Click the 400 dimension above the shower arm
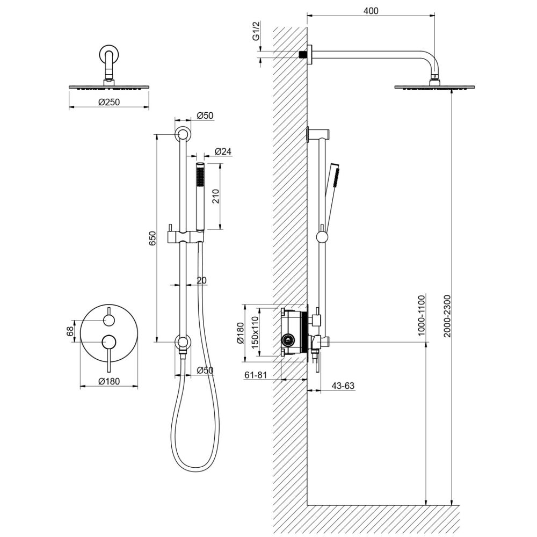coord(371,11)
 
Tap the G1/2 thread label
coord(257,37)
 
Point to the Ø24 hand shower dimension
coord(222,151)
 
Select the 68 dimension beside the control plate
coord(70,331)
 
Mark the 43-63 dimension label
coord(343,386)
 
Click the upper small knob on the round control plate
coord(109,321)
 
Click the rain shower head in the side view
coord(434,86)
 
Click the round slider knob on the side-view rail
coord(322,236)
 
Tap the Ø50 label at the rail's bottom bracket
coord(205,370)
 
